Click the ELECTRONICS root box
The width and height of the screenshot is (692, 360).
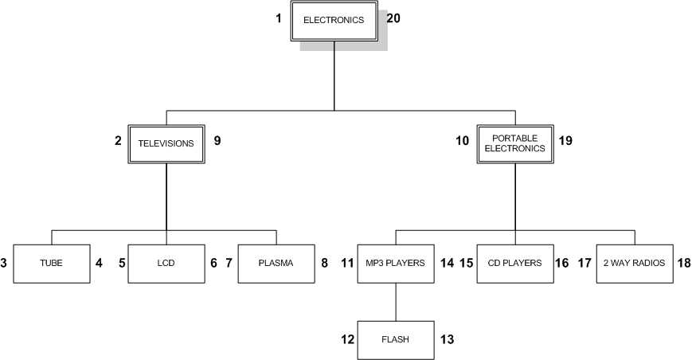pos(334,21)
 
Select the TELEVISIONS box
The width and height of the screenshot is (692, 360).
pos(166,144)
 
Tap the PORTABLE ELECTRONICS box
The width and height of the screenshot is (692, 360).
pos(515,144)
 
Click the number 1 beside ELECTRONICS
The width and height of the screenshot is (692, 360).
pos(279,17)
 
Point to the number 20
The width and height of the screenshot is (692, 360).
pos(393,17)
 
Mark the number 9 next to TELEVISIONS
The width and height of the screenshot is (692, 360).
pos(217,141)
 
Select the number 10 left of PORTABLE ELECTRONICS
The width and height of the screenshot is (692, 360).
pos(462,141)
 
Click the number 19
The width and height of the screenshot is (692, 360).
pos(565,141)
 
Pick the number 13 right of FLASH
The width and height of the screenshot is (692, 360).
pos(447,338)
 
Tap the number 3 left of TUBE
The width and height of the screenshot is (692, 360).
pos(4,262)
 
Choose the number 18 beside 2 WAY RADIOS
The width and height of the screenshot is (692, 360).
pos(684,262)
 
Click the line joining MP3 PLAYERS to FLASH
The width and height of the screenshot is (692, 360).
pos(396,303)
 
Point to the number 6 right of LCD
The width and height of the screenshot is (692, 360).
pos(213,262)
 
